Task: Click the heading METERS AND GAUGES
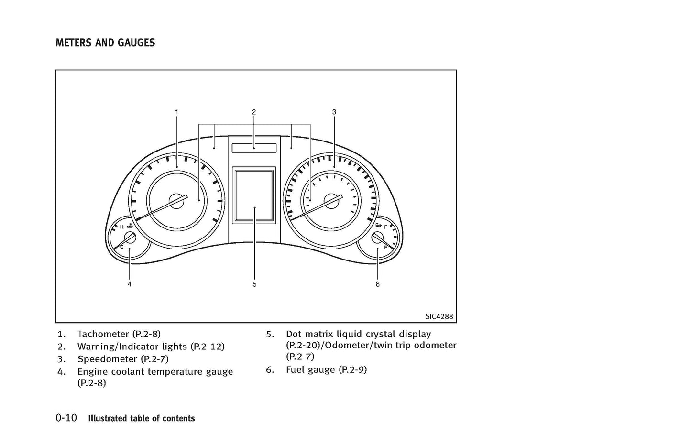tap(105, 43)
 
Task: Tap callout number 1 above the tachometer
tap(176, 112)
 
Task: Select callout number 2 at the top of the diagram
tap(254, 112)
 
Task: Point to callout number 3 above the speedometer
tap(334, 112)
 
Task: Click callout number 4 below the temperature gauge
tap(130, 284)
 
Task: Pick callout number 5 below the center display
tap(254, 284)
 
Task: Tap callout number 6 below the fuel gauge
tap(377, 284)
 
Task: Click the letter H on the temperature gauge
tap(121, 227)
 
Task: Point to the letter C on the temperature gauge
tap(121, 247)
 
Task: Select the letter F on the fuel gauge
tap(385, 227)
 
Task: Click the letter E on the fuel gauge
tap(385, 247)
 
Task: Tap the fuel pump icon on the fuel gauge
tap(378, 226)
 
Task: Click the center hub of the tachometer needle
tap(177, 201)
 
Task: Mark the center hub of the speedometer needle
tap(331, 201)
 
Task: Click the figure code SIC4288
tap(439, 316)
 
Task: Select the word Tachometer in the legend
tap(103, 334)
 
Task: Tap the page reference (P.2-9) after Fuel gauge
tap(352, 369)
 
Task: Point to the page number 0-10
tap(66, 418)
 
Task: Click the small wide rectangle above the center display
tap(254, 148)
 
